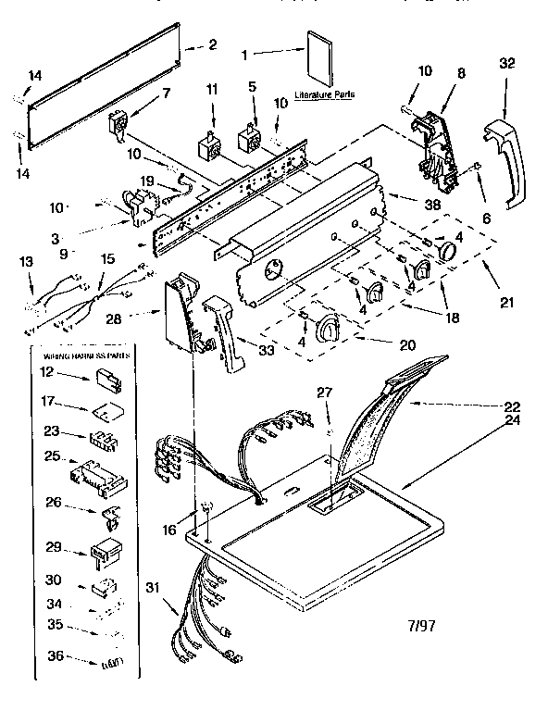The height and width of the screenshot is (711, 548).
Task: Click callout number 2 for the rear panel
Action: pyautogui.click(x=212, y=44)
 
